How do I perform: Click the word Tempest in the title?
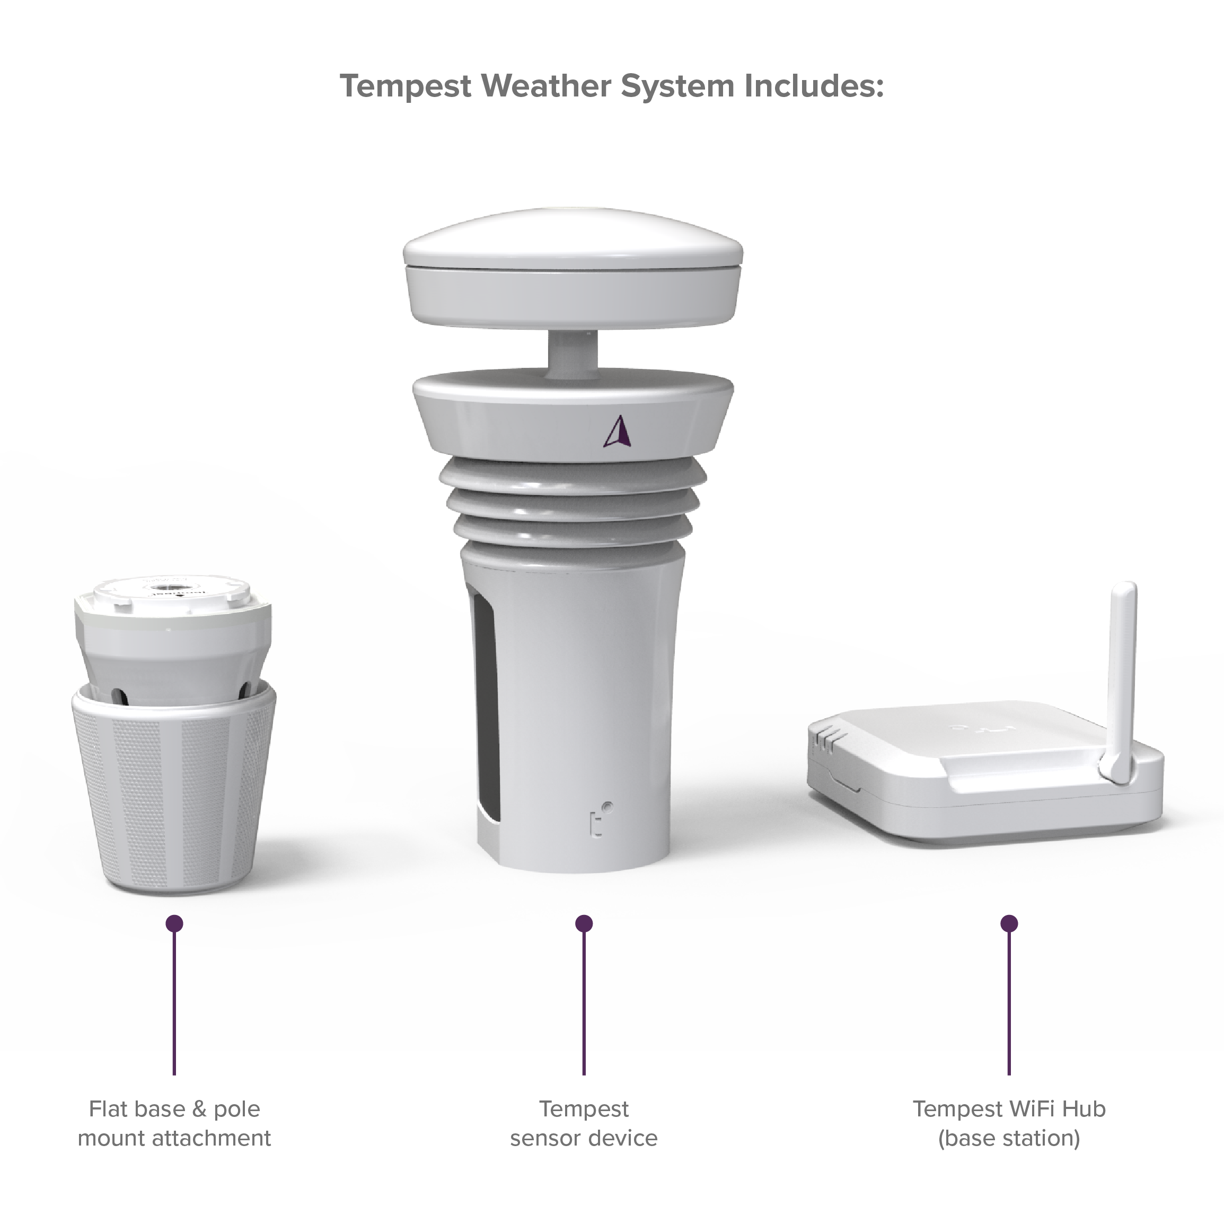pyautogui.click(x=406, y=86)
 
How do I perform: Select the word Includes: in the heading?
pyautogui.click(x=814, y=86)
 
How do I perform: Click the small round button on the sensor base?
pyautogui.click(x=607, y=807)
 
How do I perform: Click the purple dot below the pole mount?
pyautogui.click(x=174, y=923)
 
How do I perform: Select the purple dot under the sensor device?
pyautogui.click(x=584, y=923)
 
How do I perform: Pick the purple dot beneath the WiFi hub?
pyautogui.click(x=1009, y=923)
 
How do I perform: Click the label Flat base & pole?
pyautogui.click(x=174, y=1108)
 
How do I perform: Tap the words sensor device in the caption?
pyautogui.click(x=584, y=1138)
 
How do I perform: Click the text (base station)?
pyautogui.click(x=1009, y=1138)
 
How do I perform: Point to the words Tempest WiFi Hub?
pyautogui.click(x=1009, y=1108)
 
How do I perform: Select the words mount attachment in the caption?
pyautogui.click(x=174, y=1138)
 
